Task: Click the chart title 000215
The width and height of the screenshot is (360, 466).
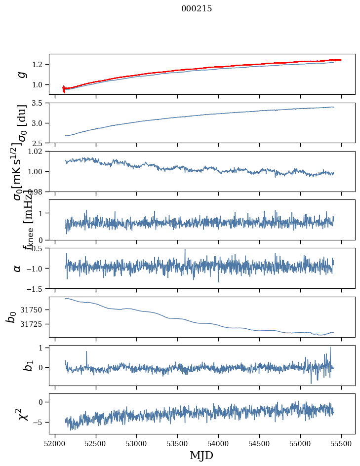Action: (x=197, y=9)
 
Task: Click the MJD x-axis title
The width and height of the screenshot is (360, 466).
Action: (x=201, y=456)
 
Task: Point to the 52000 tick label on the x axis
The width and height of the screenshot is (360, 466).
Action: (x=55, y=444)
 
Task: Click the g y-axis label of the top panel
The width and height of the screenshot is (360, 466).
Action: (x=21, y=74)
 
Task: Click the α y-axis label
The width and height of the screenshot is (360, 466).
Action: (x=18, y=268)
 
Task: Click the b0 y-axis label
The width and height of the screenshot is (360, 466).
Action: (x=11, y=317)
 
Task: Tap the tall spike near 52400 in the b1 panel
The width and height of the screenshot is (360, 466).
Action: (x=86, y=351)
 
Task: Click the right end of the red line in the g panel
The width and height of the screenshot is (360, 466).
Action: (x=341, y=60)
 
